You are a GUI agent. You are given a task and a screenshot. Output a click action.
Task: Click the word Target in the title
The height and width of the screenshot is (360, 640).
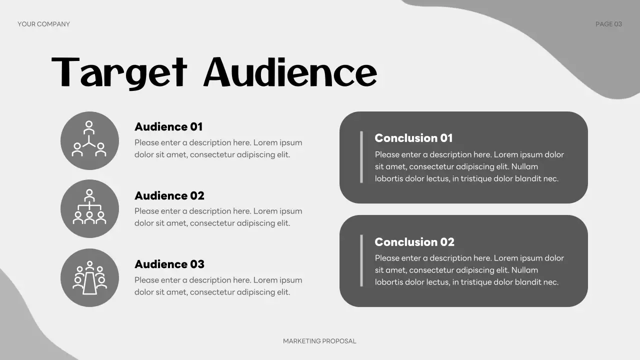coord(119,73)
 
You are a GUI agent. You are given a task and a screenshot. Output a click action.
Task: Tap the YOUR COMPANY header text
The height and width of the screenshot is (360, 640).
coord(43,24)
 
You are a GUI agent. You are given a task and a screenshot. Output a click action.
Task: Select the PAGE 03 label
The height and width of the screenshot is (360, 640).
coord(608,24)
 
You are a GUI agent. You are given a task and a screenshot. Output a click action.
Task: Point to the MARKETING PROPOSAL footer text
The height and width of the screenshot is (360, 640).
coord(319,341)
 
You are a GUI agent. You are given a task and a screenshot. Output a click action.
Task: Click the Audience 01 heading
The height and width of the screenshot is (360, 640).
coord(168,127)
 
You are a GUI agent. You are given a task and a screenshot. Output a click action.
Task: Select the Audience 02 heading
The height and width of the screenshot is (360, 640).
coord(169,195)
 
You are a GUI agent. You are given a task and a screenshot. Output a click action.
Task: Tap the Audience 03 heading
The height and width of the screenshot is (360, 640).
coord(169,264)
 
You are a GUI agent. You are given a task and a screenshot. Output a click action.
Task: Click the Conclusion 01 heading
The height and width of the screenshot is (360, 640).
coord(413,138)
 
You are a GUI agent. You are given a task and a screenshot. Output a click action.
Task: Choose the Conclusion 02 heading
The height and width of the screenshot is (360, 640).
coord(414,242)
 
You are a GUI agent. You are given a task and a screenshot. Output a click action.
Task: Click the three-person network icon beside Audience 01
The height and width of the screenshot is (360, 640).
coord(89,140)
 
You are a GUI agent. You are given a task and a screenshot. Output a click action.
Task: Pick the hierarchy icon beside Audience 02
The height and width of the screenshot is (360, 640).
coord(89,208)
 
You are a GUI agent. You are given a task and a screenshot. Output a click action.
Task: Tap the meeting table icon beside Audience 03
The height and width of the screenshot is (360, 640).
coord(89,277)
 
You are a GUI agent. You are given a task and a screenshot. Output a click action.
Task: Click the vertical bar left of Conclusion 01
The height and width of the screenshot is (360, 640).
coord(361,157)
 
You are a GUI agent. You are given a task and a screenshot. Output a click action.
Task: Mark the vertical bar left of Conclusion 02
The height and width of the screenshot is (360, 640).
coord(361,260)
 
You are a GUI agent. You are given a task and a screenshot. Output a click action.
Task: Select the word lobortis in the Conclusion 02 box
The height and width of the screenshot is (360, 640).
coord(390,282)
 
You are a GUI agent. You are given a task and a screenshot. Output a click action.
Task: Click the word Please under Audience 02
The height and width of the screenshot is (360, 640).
coord(147,211)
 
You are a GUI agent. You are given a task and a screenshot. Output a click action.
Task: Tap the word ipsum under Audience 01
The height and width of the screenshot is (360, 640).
coord(291,142)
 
